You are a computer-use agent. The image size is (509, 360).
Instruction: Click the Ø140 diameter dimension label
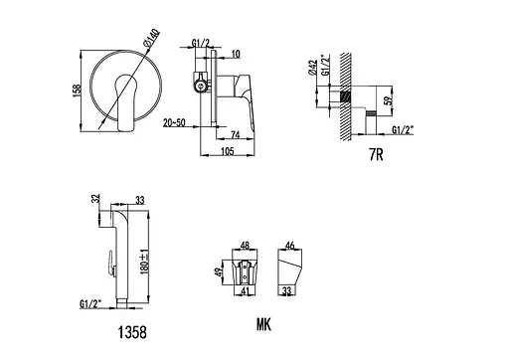click(x=151, y=38)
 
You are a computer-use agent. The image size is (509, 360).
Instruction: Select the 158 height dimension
click(x=77, y=90)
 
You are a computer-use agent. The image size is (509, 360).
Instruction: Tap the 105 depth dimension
click(x=228, y=151)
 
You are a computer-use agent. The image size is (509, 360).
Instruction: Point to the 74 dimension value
click(x=235, y=134)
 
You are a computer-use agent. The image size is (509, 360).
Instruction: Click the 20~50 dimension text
click(x=174, y=122)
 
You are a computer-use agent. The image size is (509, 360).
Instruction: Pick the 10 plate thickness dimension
click(x=236, y=54)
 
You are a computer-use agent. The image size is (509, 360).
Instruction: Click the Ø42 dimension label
click(x=312, y=68)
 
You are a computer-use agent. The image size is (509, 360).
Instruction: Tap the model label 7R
click(x=376, y=154)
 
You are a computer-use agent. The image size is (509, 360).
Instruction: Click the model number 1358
click(x=132, y=332)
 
